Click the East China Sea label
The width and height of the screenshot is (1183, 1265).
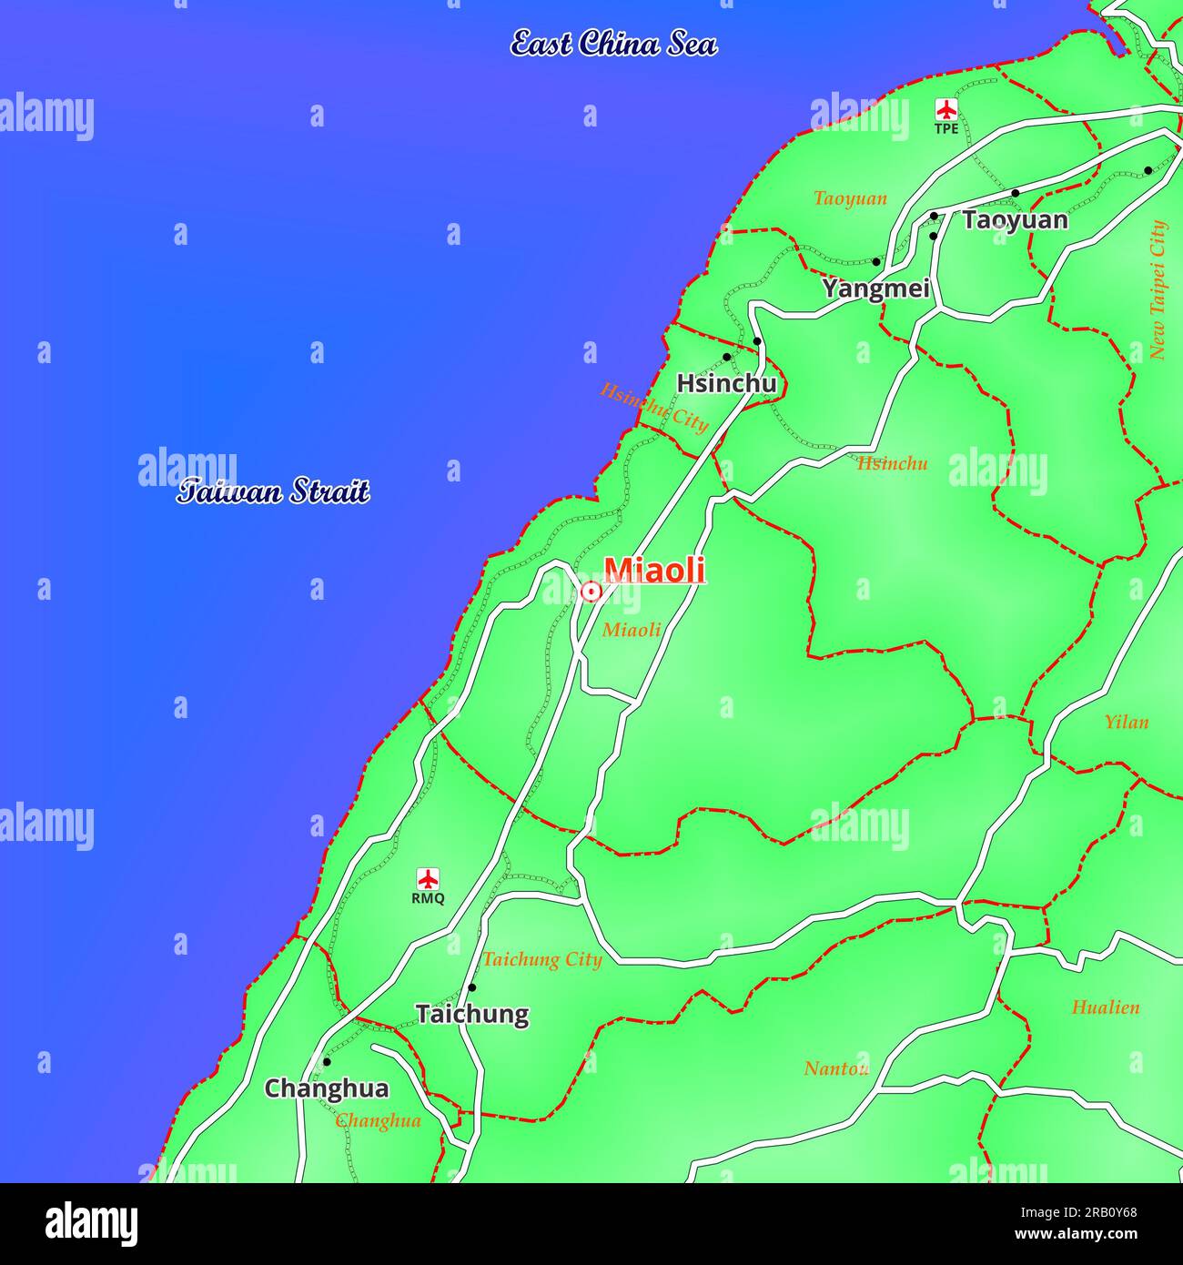[613, 43]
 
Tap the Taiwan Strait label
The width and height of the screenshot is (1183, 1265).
[273, 491]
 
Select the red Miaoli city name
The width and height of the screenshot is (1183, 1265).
[654, 570]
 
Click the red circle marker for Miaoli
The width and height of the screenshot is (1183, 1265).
[590, 592]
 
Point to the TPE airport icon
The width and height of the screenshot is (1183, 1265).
[946, 110]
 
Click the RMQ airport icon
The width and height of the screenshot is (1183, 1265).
[428, 879]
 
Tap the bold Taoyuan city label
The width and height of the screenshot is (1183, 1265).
[1015, 220]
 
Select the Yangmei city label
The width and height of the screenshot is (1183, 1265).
[876, 288]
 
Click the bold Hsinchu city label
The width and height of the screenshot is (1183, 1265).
[726, 383]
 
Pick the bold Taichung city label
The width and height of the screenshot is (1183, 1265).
[471, 1014]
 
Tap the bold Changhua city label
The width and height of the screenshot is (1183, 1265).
[326, 1088]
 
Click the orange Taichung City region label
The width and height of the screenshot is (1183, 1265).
[542, 959]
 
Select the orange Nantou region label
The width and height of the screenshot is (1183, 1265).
[835, 1068]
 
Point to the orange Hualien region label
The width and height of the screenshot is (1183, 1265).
[1105, 1007]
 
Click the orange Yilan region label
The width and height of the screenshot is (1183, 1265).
[1126, 722]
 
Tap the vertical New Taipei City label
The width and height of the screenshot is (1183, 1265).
[1158, 289]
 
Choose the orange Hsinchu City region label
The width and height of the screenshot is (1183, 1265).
[653, 407]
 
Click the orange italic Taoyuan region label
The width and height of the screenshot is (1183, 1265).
[850, 198]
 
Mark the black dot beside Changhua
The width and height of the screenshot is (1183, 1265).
[327, 1061]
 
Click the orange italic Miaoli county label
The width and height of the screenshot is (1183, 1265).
[632, 630]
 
